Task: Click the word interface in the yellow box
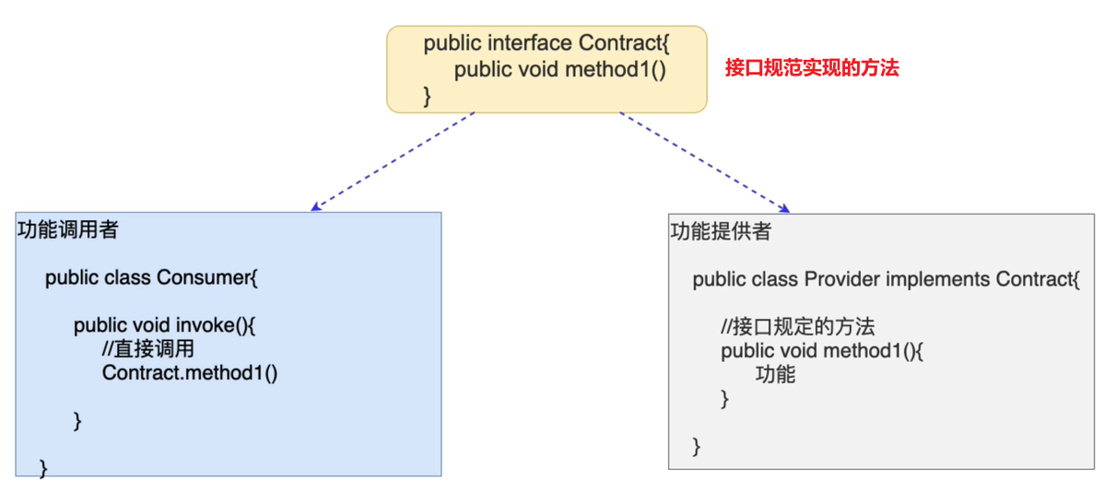529,43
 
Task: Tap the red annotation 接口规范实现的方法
811,67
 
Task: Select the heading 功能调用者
67,230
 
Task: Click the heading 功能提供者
720,232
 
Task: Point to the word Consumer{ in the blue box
207,277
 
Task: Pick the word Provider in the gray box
842,279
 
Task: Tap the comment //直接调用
147,349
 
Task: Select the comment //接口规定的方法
798,327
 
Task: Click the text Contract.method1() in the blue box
190,372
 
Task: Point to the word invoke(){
214,325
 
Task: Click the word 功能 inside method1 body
775,374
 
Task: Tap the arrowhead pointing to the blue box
315,207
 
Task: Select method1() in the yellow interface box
616,69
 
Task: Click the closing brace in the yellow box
428,94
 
